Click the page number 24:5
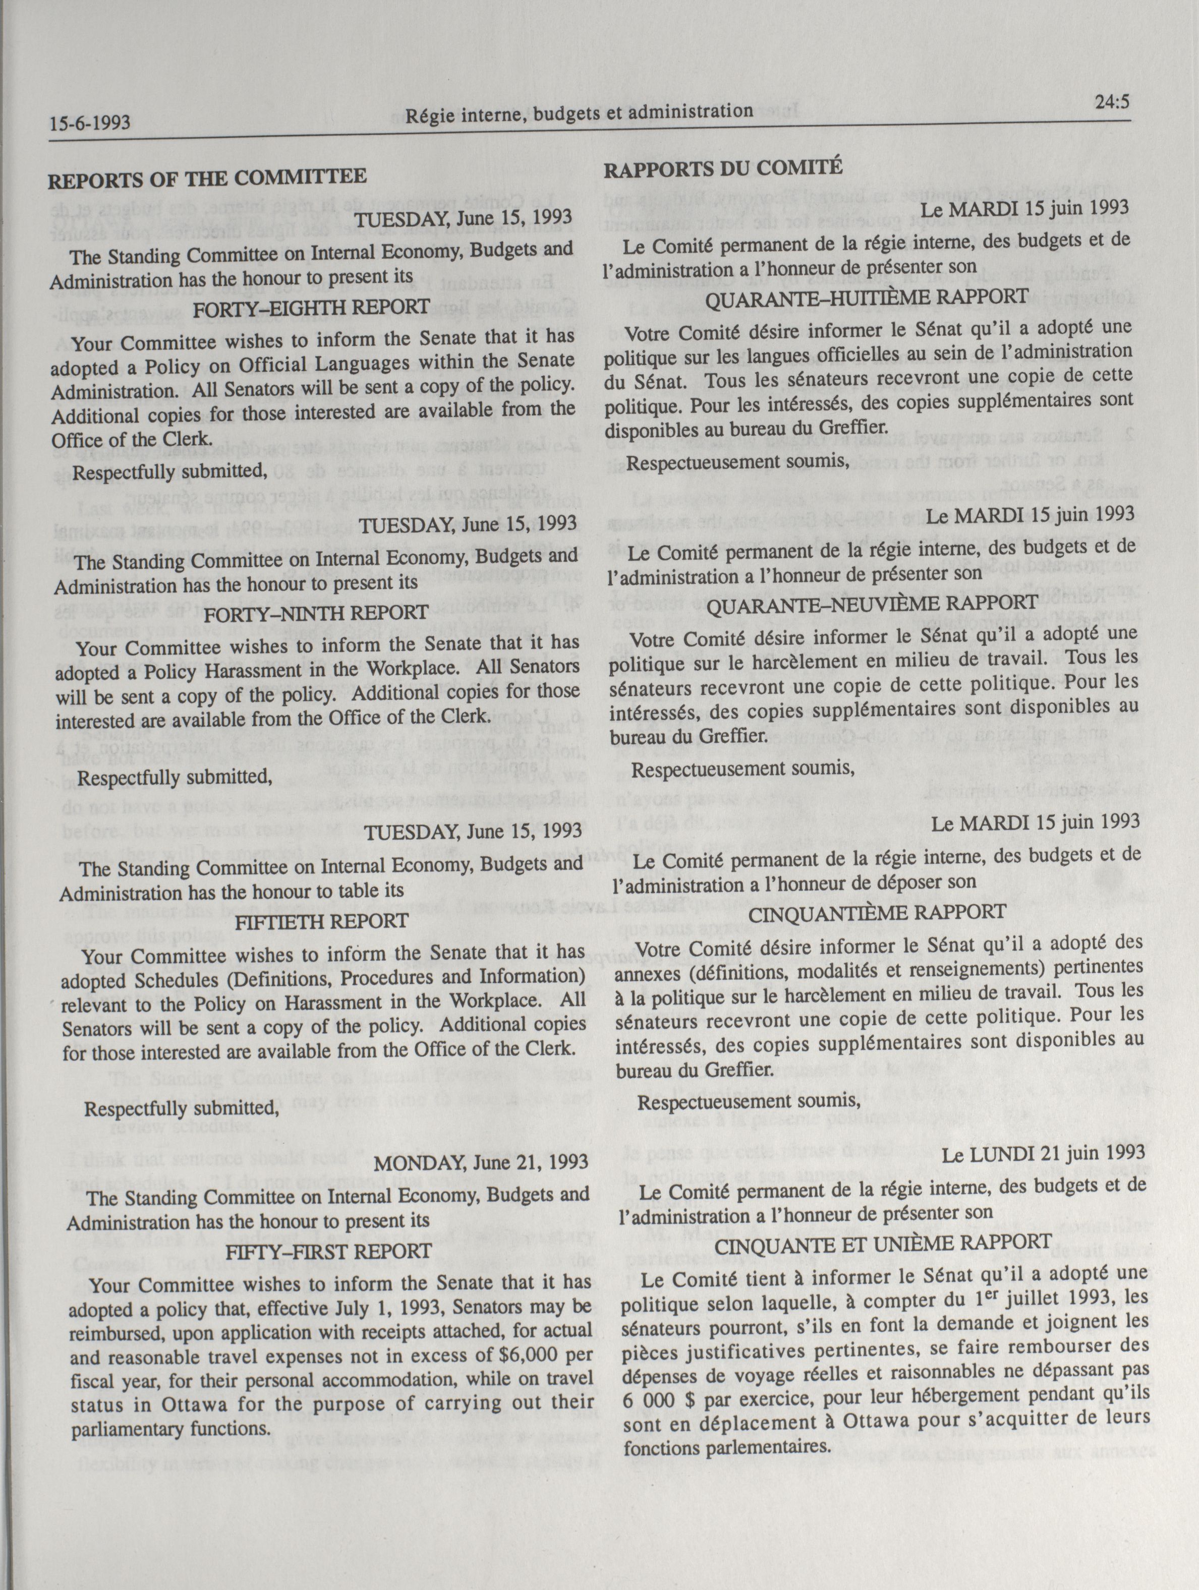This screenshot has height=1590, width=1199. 1113,101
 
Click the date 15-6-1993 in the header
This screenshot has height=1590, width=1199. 90,122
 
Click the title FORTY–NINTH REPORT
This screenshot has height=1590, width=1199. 316,613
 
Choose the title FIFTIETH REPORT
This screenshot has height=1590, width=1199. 322,921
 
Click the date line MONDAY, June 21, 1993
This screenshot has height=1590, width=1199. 482,1162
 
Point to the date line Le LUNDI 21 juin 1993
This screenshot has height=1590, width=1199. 1044,1153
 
